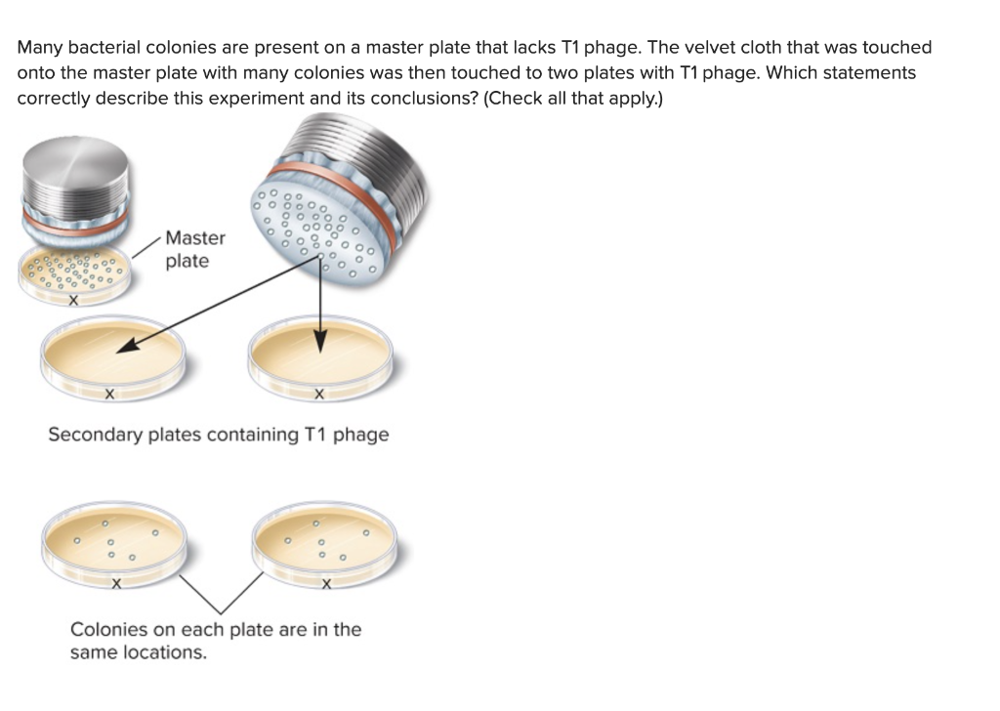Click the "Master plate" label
[194, 249]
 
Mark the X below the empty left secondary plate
[109, 396]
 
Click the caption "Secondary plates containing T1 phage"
[218, 435]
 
